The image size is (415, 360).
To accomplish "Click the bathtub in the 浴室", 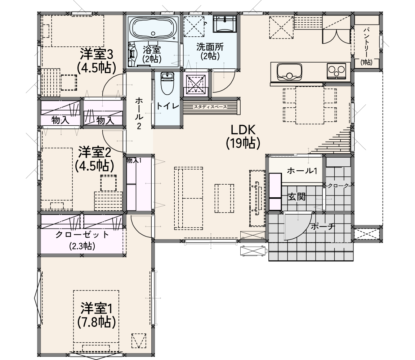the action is click(153, 28).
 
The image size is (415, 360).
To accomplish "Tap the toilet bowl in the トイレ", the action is click(167, 83).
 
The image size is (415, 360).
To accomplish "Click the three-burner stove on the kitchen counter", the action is click(336, 71).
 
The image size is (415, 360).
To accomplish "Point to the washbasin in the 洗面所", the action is click(224, 24).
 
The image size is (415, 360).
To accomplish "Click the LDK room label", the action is click(243, 130).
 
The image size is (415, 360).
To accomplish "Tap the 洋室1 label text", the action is click(97, 309).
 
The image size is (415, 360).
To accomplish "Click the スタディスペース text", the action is click(210, 107).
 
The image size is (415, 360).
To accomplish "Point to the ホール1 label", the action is click(302, 171).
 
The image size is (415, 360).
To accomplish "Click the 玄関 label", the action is click(297, 197).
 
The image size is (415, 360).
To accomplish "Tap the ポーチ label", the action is click(323, 226).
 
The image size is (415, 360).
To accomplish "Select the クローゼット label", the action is click(82, 235).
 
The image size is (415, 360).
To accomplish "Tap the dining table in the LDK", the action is click(310, 105).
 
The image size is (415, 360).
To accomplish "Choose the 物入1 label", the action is click(134, 161).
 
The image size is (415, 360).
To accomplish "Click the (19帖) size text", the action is click(243, 143).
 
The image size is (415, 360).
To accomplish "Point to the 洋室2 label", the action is click(94, 152).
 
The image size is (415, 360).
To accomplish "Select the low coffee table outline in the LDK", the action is click(224, 198).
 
